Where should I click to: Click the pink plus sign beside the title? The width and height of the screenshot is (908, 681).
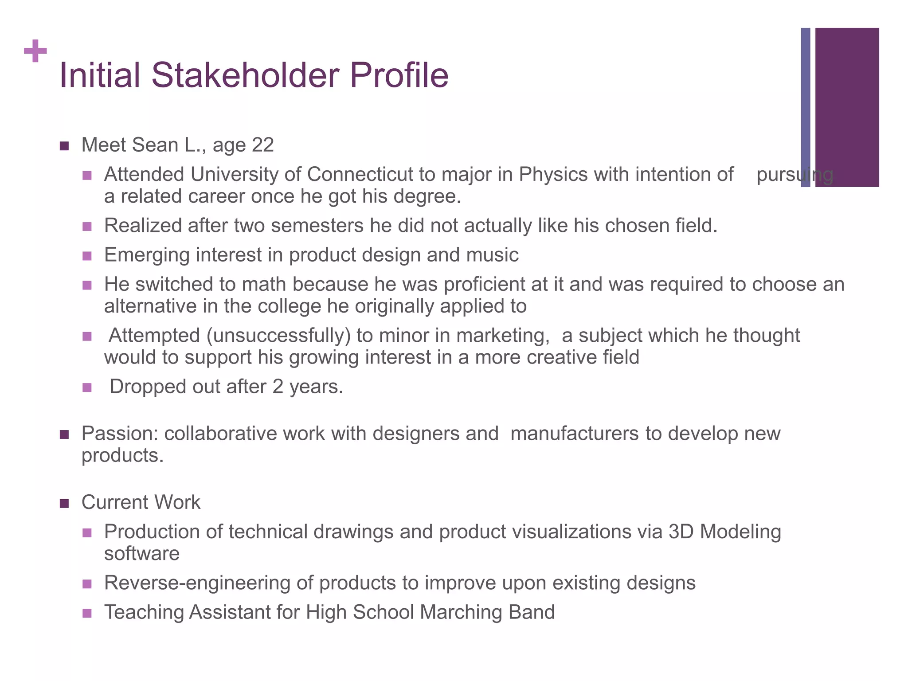click(x=35, y=51)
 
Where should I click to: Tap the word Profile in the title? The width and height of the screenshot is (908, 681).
click(x=399, y=75)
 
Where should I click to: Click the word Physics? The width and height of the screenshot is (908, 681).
click(x=553, y=174)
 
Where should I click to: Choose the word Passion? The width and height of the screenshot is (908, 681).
click(x=120, y=434)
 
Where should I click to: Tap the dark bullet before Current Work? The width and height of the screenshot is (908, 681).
click(x=64, y=503)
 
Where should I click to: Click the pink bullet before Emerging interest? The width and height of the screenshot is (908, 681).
click(x=87, y=256)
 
